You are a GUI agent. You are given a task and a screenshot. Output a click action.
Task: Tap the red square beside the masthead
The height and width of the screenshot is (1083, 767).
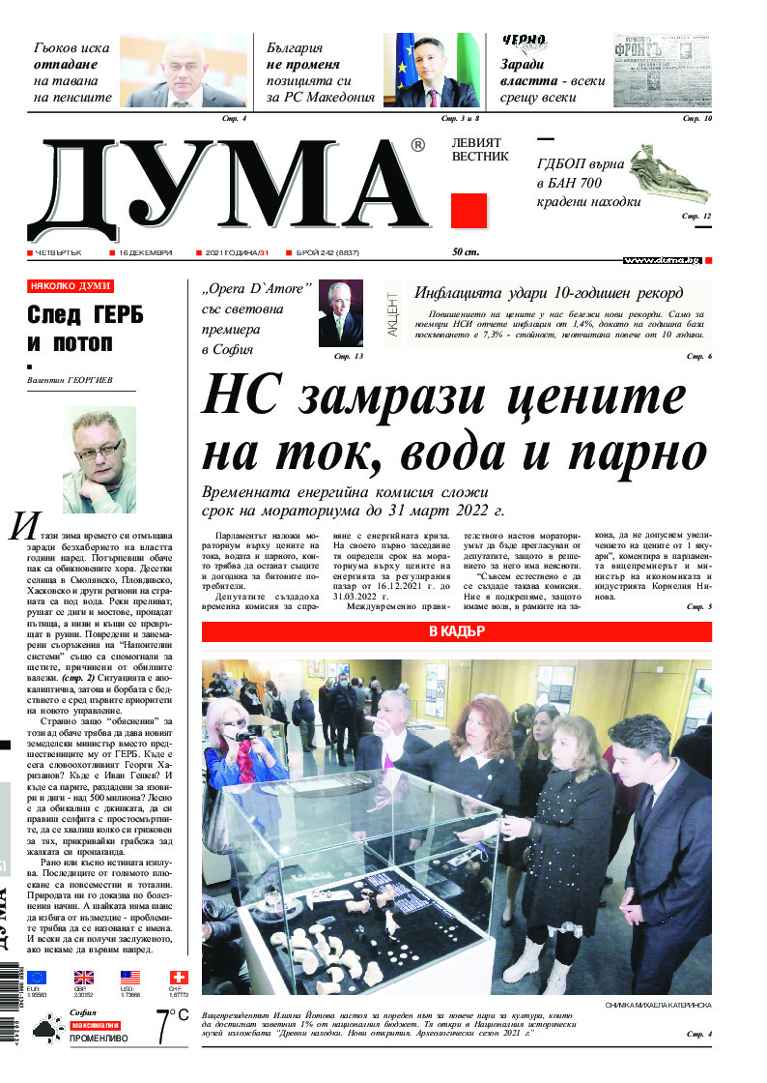coord(469,211)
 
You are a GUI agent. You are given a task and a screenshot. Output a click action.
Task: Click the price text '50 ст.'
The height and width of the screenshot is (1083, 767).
coord(466,253)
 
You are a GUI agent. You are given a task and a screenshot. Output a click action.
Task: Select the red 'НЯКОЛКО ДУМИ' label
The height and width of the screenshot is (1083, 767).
coord(71,286)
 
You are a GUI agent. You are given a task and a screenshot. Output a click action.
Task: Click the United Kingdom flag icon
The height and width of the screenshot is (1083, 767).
coord(84,978)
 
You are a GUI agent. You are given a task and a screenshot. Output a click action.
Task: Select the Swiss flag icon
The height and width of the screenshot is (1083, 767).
coord(178,978)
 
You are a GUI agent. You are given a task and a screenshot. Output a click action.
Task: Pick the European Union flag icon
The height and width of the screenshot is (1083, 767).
coord(37,978)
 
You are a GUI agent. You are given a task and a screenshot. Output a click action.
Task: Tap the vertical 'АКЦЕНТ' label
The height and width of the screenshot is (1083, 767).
coord(392,313)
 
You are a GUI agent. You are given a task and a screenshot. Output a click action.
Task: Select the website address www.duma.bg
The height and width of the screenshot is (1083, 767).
coord(661,260)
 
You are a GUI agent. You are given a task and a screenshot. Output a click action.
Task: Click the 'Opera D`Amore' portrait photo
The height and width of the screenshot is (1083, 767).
coord(341,313)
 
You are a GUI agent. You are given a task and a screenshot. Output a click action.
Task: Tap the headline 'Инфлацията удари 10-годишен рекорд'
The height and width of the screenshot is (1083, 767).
coord(549,293)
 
